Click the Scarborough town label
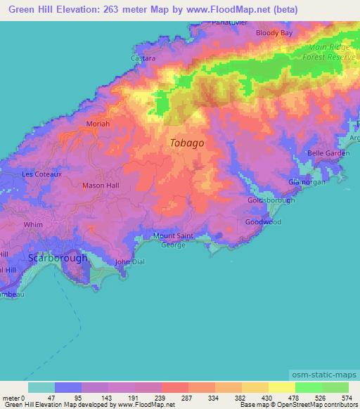[x=58, y=258]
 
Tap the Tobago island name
[x=187, y=143]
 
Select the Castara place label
[x=143, y=60]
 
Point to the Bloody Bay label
[x=274, y=33]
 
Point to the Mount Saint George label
[x=174, y=240]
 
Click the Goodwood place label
[x=263, y=222]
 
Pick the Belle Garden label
[x=328, y=153]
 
